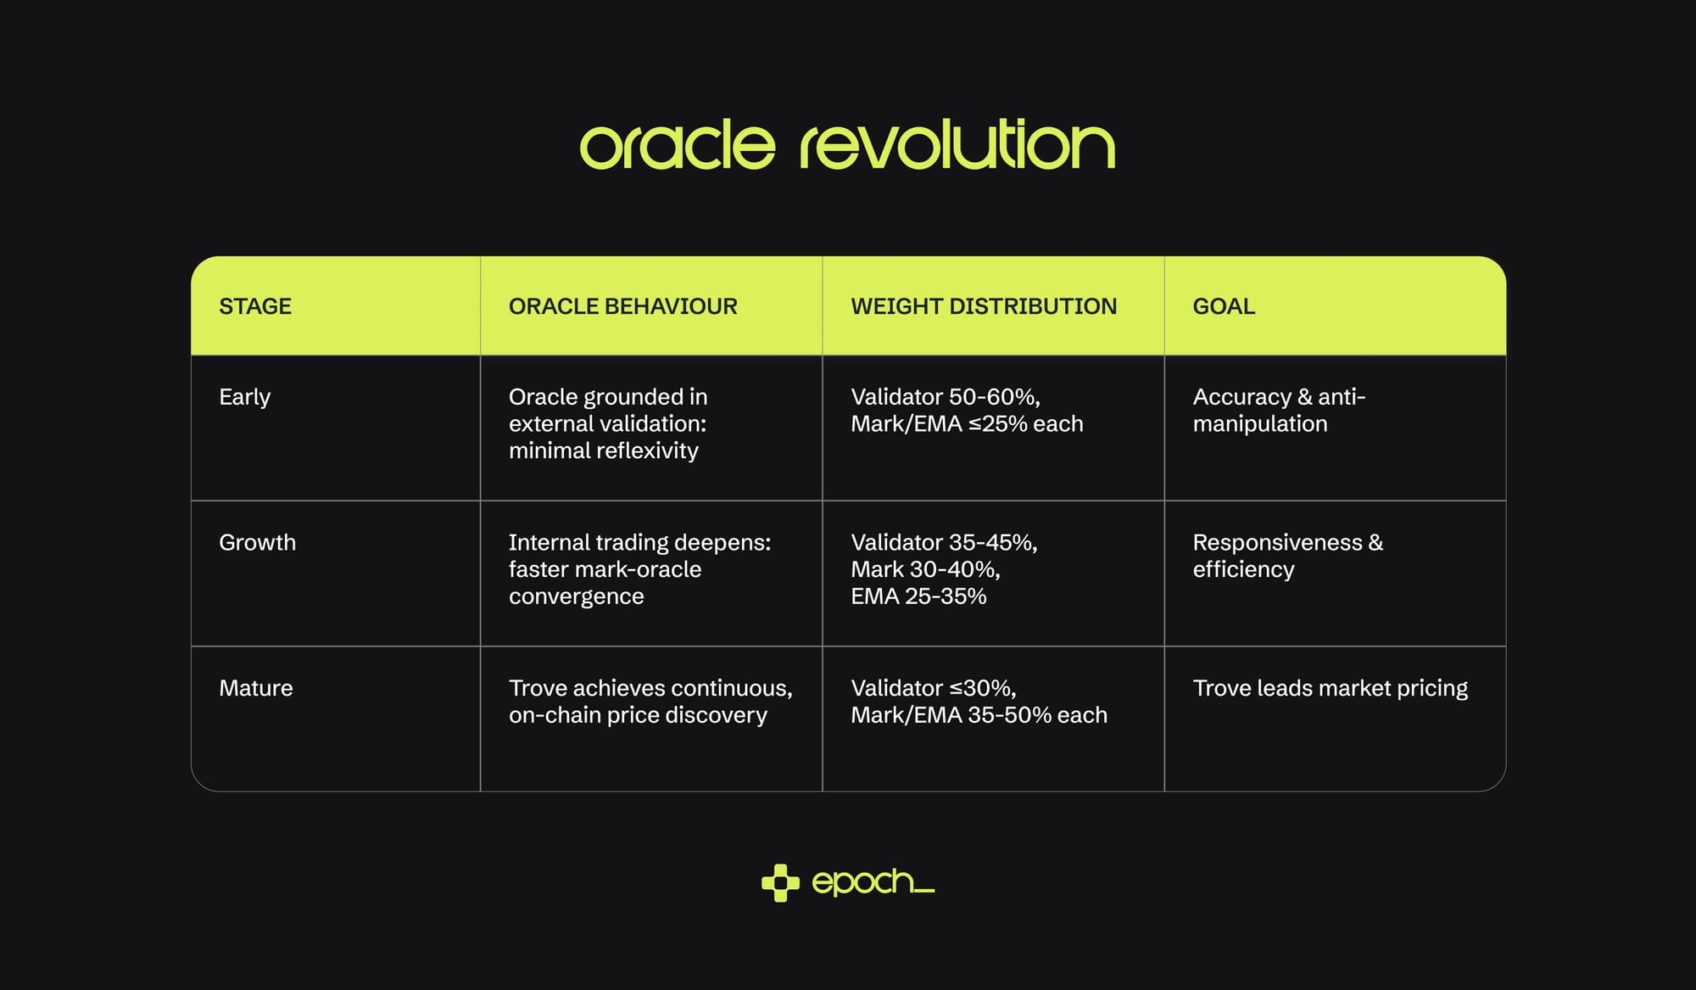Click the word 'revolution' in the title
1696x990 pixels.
click(957, 144)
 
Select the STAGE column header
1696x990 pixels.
click(255, 306)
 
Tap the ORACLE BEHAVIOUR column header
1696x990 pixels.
click(623, 306)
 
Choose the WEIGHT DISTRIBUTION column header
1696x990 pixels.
click(984, 306)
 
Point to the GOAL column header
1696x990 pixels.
click(1224, 306)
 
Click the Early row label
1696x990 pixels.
click(245, 397)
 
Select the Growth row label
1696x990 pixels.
click(258, 542)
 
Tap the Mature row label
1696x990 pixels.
click(256, 688)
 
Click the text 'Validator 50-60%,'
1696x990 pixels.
click(946, 397)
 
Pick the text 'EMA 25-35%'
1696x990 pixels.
click(918, 596)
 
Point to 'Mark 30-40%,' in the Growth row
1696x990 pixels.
click(926, 569)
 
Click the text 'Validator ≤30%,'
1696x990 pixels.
click(934, 688)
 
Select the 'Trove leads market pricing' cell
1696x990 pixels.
click(1331, 688)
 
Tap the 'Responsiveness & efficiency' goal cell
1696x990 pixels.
click(1288, 556)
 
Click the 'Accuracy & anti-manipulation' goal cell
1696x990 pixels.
click(1279, 410)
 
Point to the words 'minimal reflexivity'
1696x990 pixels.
click(604, 450)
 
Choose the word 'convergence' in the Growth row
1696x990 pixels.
click(577, 597)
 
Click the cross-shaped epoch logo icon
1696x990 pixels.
click(780, 883)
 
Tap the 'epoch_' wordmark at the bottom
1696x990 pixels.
click(873, 882)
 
